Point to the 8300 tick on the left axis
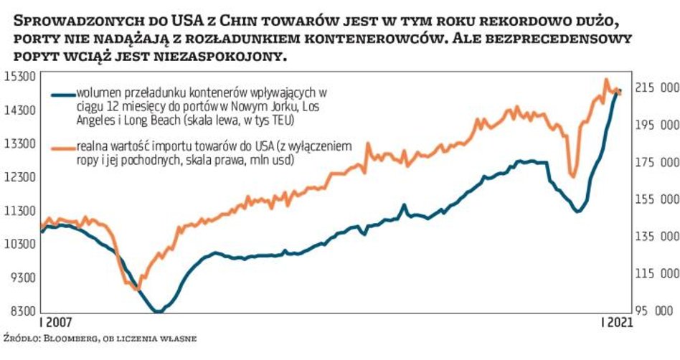click(19, 311)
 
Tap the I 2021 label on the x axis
click(615, 323)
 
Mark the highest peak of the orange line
click(606, 80)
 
